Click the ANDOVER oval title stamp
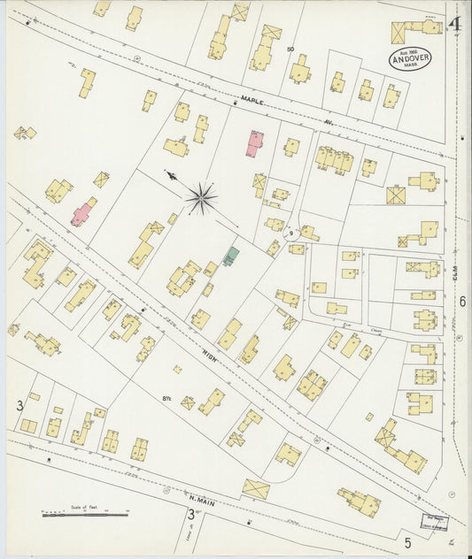(410, 57)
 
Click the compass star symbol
(202, 198)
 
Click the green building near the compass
(232, 257)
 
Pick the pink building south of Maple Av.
(255, 142)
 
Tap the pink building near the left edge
(82, 212)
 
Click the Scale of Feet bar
(84, 513)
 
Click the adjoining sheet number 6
(462, 302)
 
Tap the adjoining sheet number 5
(408, 541)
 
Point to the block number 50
(290, 49)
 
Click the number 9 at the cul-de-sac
(290, 234)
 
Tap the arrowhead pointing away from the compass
(169, 175)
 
